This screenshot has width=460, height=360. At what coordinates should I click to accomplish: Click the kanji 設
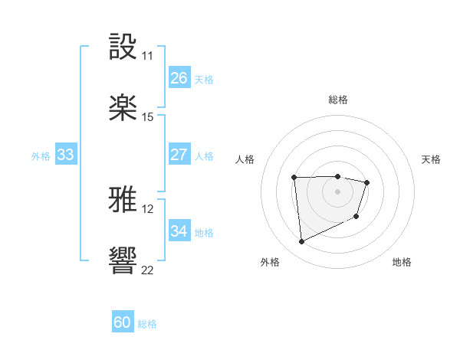tap(123, 47)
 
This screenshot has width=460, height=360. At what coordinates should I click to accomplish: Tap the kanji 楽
tap(123, 108)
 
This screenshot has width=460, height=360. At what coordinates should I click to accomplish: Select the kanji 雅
tap(123, 201)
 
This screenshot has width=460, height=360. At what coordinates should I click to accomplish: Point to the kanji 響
tap(123, 261)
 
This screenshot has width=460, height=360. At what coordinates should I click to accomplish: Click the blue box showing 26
tap(179, 78)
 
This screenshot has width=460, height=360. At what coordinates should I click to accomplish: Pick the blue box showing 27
tap(179, 155)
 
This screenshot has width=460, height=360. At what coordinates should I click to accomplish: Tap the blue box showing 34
tap(179, 231)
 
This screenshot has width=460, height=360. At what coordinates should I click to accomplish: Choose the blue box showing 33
tap(65, 155)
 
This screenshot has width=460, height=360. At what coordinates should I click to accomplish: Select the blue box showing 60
tap(123, 323)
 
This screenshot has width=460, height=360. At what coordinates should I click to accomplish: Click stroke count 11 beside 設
tap(147, 56)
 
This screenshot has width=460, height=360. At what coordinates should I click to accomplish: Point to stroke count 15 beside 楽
tap(147, 117)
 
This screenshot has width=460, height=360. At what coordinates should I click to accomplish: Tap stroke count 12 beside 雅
tap(147, 209)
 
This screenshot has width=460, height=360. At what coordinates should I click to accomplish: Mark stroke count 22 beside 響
tap(147, 270)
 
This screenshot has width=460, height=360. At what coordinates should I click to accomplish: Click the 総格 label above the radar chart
tap(338, 100)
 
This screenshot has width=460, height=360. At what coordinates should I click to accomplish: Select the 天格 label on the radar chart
tap(431, 159)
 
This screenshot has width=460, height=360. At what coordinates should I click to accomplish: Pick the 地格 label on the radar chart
tap(402, 262)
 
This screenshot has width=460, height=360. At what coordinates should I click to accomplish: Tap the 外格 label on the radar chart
tap(270, 262)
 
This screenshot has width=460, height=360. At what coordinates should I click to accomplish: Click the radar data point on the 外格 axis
tap(301, 242)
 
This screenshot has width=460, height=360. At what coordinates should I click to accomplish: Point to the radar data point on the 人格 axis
tap(294, 178)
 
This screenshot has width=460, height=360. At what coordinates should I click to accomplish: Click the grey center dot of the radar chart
tap(337, 191)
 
